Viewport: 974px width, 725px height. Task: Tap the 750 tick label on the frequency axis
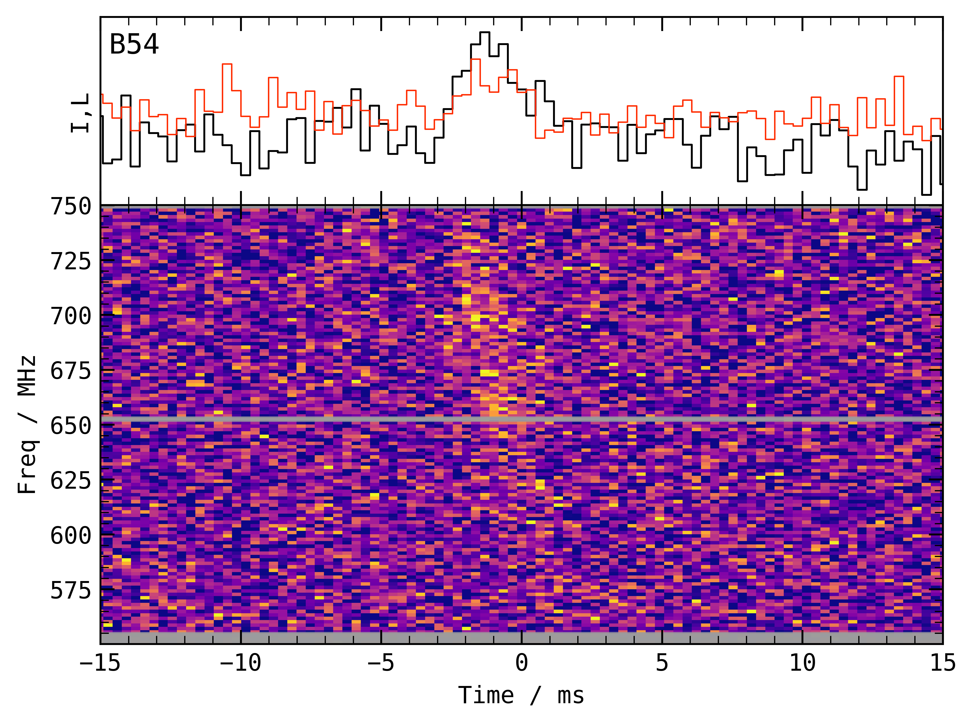pos(71,206)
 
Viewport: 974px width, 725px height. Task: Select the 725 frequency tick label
pos(71,262)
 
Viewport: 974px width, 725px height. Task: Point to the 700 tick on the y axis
pos(71,316)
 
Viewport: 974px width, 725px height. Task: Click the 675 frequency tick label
pos(71,371)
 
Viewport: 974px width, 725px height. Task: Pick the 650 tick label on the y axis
pos(71,426)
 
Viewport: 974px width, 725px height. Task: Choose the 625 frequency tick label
pos(71,481)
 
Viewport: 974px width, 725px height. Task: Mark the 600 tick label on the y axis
pos(71,535)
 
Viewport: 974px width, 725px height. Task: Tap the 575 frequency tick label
pos(71,590)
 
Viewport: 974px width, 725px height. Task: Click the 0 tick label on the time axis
pos(521,663)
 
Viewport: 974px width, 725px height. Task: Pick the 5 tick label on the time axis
pos(662,663)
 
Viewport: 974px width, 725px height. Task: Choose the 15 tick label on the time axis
pos(943,663)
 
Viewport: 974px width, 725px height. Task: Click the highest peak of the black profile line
pos(485,32)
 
